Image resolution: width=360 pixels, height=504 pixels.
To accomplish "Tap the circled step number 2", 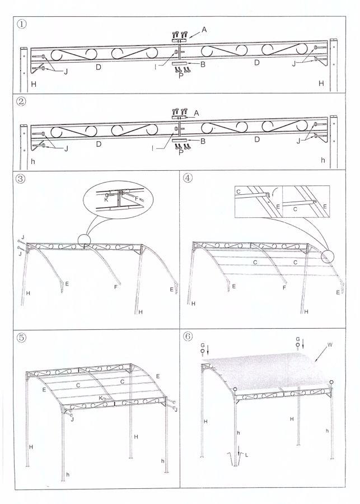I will pos(21,102).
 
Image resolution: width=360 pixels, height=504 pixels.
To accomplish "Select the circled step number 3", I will pos(21,180).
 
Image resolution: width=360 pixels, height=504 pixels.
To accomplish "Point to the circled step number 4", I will pos(188,180).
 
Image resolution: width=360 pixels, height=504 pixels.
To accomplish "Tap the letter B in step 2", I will pos(203,141).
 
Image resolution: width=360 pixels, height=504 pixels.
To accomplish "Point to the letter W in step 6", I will pos(330,345).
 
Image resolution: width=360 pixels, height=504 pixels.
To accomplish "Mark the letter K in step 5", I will pos(101,398).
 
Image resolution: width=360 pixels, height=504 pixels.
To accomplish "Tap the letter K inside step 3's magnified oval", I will pos(106,198).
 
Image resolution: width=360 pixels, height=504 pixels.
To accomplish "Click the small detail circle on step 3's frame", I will pos(84,241).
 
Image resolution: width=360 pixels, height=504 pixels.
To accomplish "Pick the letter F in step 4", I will pos(284,287).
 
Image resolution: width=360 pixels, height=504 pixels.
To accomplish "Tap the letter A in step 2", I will pos(197,113).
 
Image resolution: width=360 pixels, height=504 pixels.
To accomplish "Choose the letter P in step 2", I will pos(180,152).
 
